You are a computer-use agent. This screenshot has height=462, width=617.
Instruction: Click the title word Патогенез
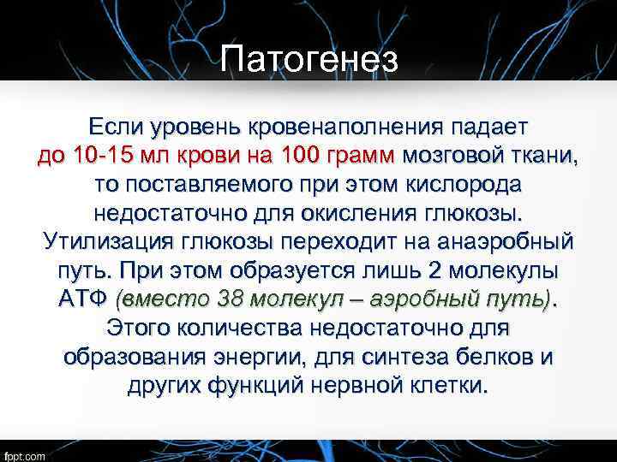pos(308,60)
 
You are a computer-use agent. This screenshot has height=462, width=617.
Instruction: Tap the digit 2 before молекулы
pos(434,270)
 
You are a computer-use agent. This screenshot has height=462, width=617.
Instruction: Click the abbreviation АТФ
pos(83,299)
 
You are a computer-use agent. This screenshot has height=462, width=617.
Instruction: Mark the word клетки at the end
pos(452,385)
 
